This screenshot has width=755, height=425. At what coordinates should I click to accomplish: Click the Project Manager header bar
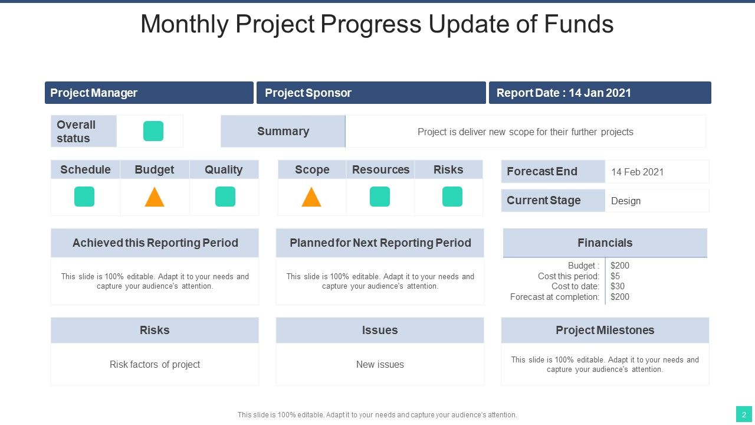pyautogui.click(x=149, y=93)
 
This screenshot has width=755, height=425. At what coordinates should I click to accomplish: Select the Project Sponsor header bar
pyautogui.click(x=371, y=93)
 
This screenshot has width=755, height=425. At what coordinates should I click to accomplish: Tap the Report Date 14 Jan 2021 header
pyautogui.click(x=600, y=93)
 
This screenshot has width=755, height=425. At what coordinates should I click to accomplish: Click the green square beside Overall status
pyautogui.click(x=153, y=131)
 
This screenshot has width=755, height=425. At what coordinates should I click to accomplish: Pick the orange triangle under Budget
pyautogui.click(x=155, y=198)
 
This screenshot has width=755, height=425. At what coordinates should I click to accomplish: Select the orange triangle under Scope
pyautogui.click(x=311, y=198)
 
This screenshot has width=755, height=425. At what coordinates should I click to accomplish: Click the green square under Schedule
pyautogui.click(x=84, y=197)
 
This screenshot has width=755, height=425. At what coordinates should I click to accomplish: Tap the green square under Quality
pyautogui.click(x=225, y=197)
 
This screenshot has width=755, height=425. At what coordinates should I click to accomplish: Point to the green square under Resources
pyautogui.click(x=380, y=197)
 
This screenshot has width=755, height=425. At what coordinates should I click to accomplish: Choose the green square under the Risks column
pyautogui.click(x=452, y=197)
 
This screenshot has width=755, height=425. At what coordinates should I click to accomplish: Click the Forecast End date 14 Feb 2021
pyautogui.click(x=638, y=172)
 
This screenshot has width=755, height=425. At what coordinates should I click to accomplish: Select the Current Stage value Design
pyautogui.click(x=626, y=201)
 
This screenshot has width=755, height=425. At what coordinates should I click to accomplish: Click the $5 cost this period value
pyautogui.click(x=615, y=276)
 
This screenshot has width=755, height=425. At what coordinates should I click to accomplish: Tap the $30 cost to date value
pyautogui.click(x=618, y=286)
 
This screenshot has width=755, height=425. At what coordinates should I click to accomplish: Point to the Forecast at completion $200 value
pyautogui.click(x=620, y=297)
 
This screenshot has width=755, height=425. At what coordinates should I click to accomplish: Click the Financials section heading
pyautogui.click(x=605, y=243)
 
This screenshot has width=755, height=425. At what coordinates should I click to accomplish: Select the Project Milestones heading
pyautogui.click(x=605, y=330)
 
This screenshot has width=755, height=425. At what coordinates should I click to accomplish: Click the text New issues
pyautogui.click(x=380, y=364)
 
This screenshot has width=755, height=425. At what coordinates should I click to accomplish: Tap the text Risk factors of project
pyautogui.click(x=155, y=365)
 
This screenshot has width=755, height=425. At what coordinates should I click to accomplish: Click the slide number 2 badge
pyautogui.click(x=744, y=414)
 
